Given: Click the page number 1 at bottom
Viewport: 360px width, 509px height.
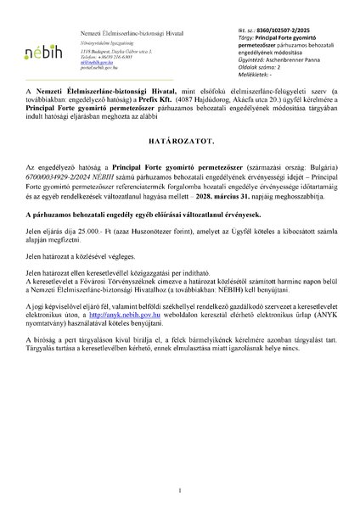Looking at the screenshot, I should point(180,490).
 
